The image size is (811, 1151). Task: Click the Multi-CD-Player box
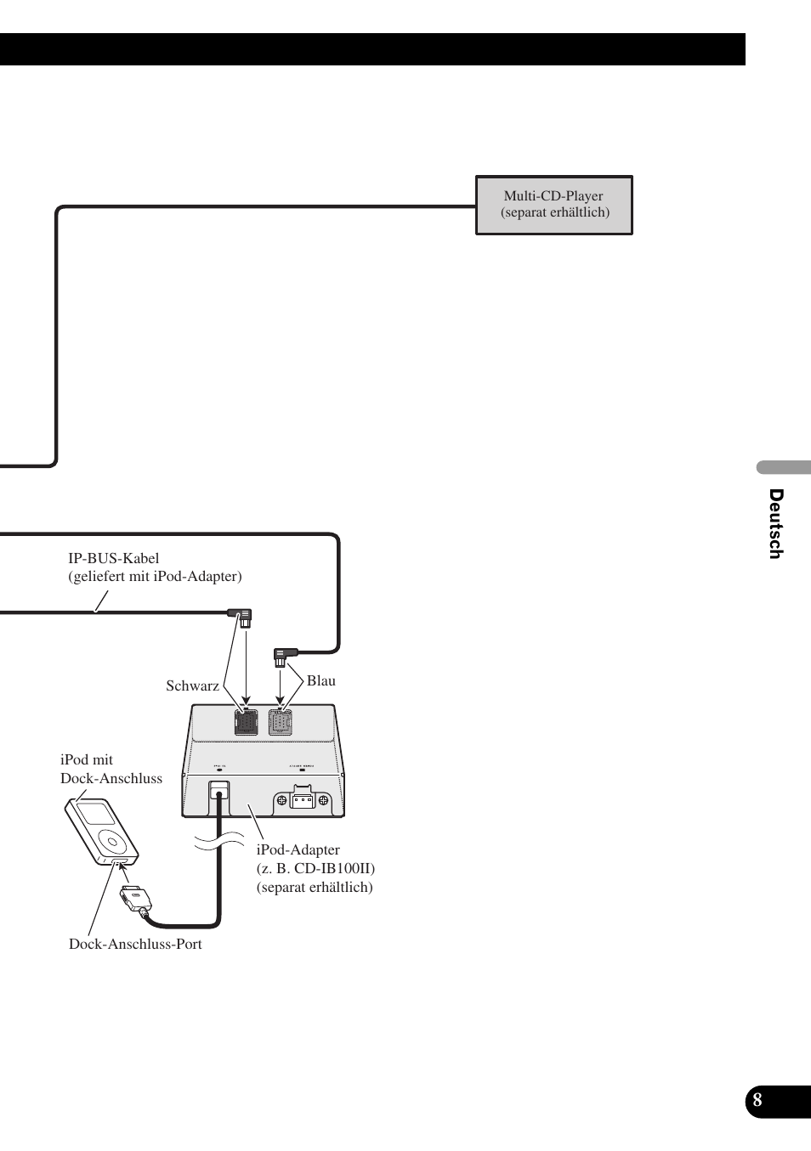click(553, 205)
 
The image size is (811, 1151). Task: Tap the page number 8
click(757, 1101)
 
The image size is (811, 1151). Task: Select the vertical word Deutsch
click(775, 523)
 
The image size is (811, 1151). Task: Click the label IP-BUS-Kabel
click(114, 558)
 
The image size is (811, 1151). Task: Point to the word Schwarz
click(192, 686)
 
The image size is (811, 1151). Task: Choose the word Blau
click(321, 680)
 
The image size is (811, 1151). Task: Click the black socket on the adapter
click(246, 722)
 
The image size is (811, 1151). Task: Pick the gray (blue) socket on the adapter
click(280, 722)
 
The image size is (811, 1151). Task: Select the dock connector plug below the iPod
click(134, 898)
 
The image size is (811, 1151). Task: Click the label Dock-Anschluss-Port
click(135, 944)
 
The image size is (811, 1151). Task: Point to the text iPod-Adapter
click(298, 849)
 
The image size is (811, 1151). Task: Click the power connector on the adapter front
click(302, 799)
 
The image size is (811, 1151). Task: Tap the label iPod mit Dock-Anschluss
click(111, 769)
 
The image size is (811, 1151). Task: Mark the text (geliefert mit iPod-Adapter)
click(155, 576)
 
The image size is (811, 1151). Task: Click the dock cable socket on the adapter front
click(218, 790)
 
